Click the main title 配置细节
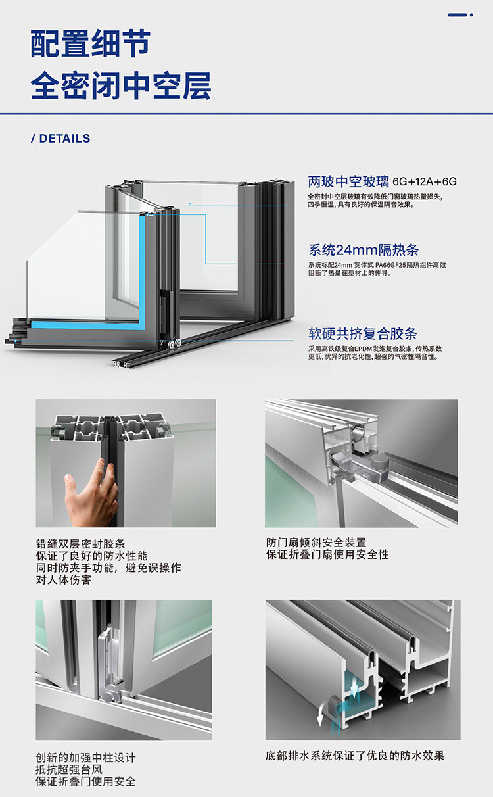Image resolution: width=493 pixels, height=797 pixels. point(90,43)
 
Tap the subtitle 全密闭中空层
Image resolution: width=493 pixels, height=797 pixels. point(121,85)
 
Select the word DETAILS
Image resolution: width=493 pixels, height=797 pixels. point(64,138)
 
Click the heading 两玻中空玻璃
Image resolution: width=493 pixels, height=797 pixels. point(348,181)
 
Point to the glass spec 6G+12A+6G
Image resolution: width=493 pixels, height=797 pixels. point(425,181)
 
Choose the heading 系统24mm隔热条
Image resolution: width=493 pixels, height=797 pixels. point(363,250)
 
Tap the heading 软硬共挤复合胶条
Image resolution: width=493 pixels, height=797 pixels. point(362,334)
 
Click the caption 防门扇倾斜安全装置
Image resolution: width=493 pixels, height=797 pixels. point(316,543)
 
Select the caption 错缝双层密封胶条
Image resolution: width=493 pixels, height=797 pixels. point(80,544)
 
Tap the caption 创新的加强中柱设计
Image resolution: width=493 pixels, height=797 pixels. point(85,758)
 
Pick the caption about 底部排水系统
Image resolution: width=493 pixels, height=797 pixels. point(355,756)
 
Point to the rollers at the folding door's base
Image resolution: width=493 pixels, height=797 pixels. point(172,344)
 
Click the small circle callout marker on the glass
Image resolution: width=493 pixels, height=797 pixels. point(190,205)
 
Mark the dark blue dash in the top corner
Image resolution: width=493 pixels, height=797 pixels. point(458,15)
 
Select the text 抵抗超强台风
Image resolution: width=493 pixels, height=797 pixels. point(68,769)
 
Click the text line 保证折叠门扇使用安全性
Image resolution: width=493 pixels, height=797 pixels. point(327,554)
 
